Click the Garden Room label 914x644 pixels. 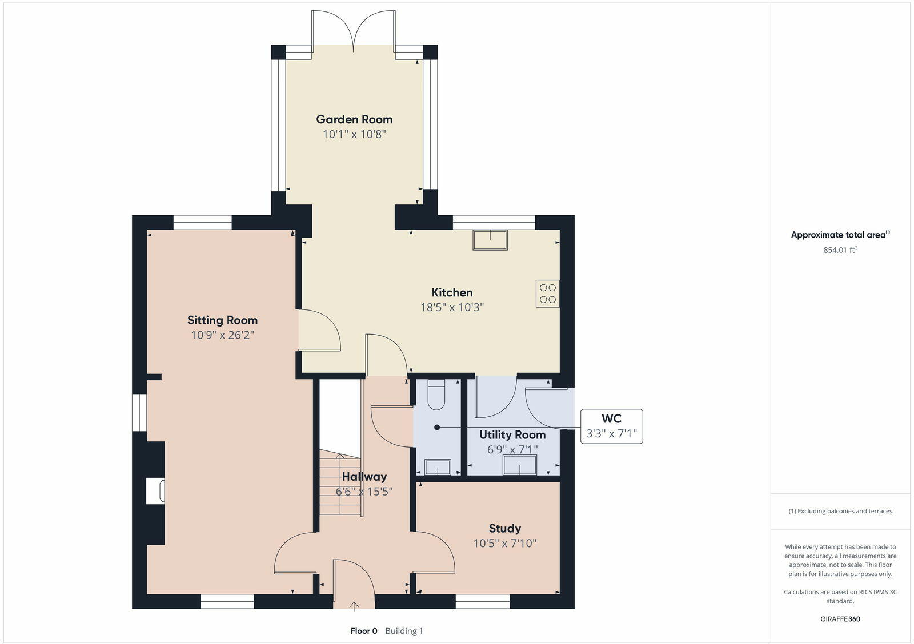(354, 119)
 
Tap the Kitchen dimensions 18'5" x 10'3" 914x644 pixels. (452, 307)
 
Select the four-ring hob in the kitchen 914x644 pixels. (547, 293)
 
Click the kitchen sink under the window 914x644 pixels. (490, 240)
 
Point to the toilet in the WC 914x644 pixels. (436, 395)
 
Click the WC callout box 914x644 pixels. (611, 426)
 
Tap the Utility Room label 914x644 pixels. (512, 435)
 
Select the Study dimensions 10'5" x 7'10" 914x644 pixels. (504, 543)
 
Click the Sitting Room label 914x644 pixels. (222, 320)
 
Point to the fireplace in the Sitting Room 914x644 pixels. (155, 491)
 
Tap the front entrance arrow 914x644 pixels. (354, 606)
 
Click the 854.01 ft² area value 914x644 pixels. (840, 250)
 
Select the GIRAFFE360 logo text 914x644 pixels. (840, 619)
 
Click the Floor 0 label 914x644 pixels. (364, 631)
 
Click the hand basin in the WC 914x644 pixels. (438, 468)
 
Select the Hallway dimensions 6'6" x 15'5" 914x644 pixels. (364, 492)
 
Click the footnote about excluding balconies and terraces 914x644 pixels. (840, 511)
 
